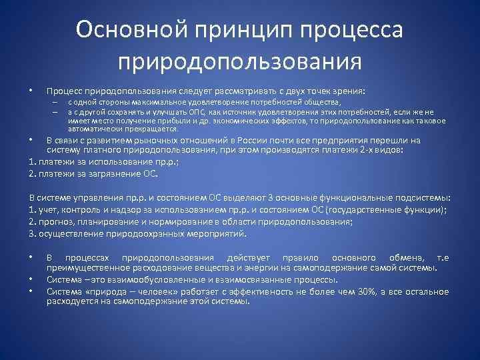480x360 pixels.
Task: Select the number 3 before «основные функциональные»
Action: tap(295, 199)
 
